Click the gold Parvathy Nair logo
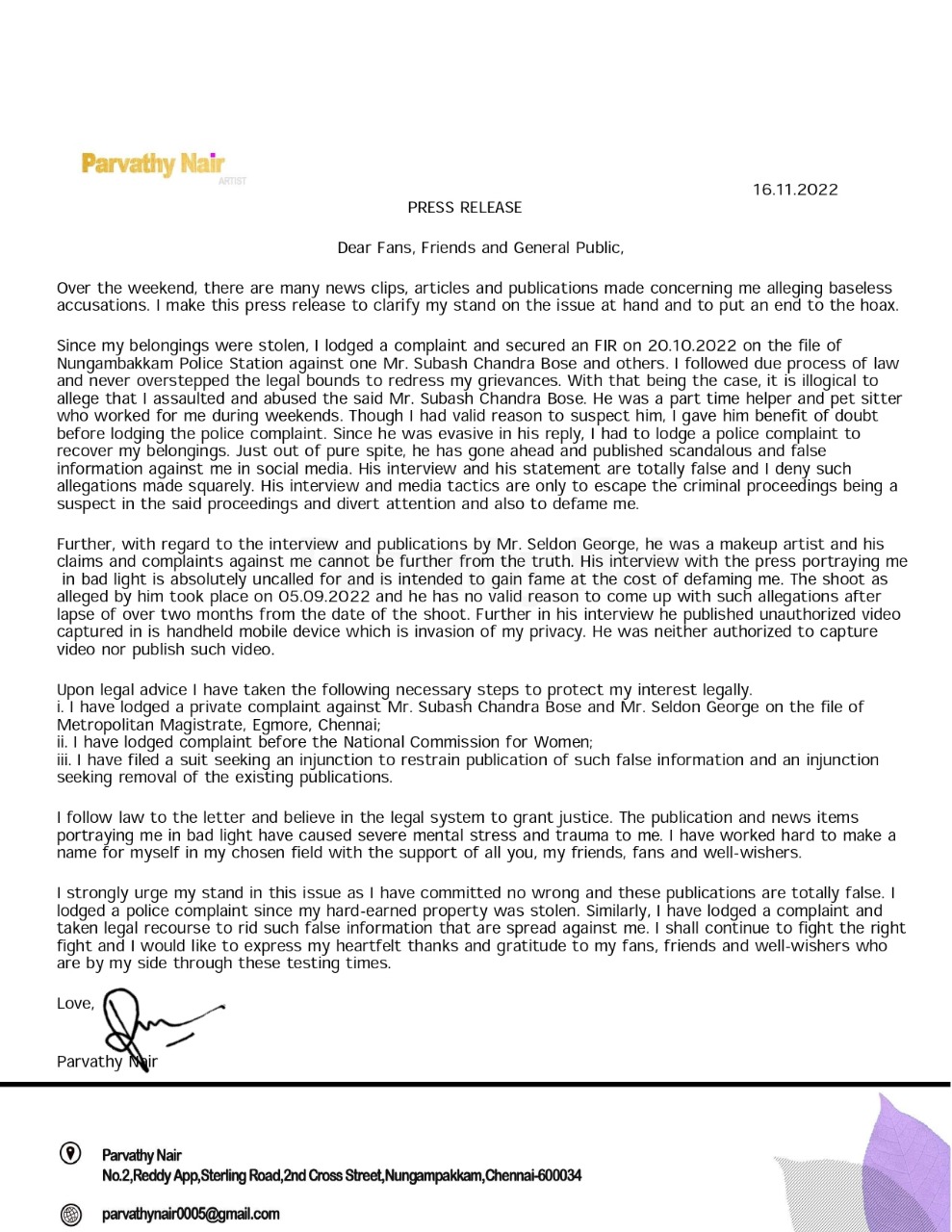(x=153, y=165)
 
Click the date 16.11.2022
(x=795, y=190)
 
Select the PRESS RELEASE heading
(x=464, y=208)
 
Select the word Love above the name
(x=74, y=1004)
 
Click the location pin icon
(x=70, y=1153)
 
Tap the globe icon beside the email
(x=70, y=1215)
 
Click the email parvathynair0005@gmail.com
(x=191, y=1215)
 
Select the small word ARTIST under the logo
(x=232, y=181)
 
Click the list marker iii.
(x=64, y=760)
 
